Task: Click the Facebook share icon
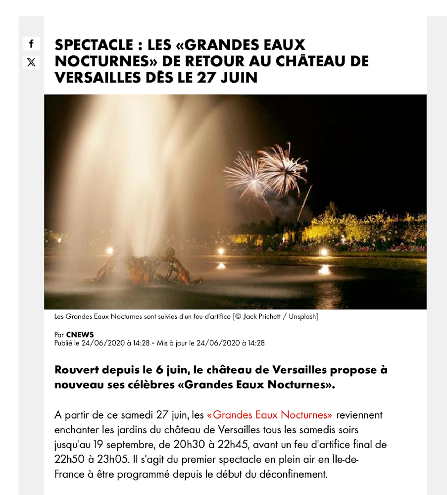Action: [31, 44]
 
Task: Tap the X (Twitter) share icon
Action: [31, 62]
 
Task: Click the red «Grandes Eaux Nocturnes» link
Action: [269, 415]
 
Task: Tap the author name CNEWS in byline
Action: [80, 335]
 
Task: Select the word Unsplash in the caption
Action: [301, 316]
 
